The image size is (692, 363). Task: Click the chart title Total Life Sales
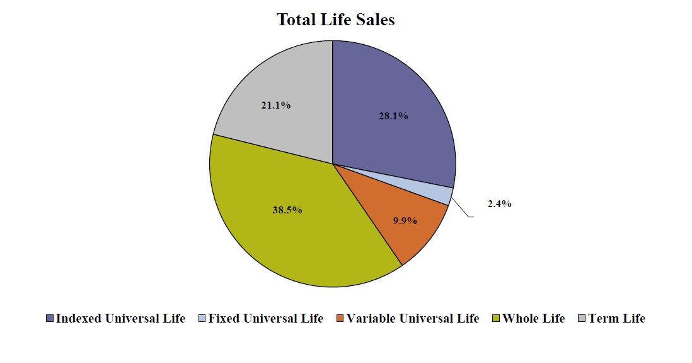[x=336, y=20]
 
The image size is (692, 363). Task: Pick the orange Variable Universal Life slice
[x=413, y=227]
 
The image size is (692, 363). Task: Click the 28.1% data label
[x=393, y=116]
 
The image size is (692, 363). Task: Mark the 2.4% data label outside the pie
[x=499, y=204]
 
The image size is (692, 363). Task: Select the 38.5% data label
[x=287, y=210]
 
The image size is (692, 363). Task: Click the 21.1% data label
[x=275, y=105]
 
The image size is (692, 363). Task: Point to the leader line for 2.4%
[x=461, y=209]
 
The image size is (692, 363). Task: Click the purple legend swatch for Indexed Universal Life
[x=50, y=319]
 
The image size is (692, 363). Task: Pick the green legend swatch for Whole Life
[x=495, y=319]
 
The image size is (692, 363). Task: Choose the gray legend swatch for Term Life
[x=582, y=319]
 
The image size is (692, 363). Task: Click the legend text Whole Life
[x=533, y=319]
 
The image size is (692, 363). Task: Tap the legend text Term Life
[x=617, y=319]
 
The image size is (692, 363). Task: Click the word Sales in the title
[x=374, y=20]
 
